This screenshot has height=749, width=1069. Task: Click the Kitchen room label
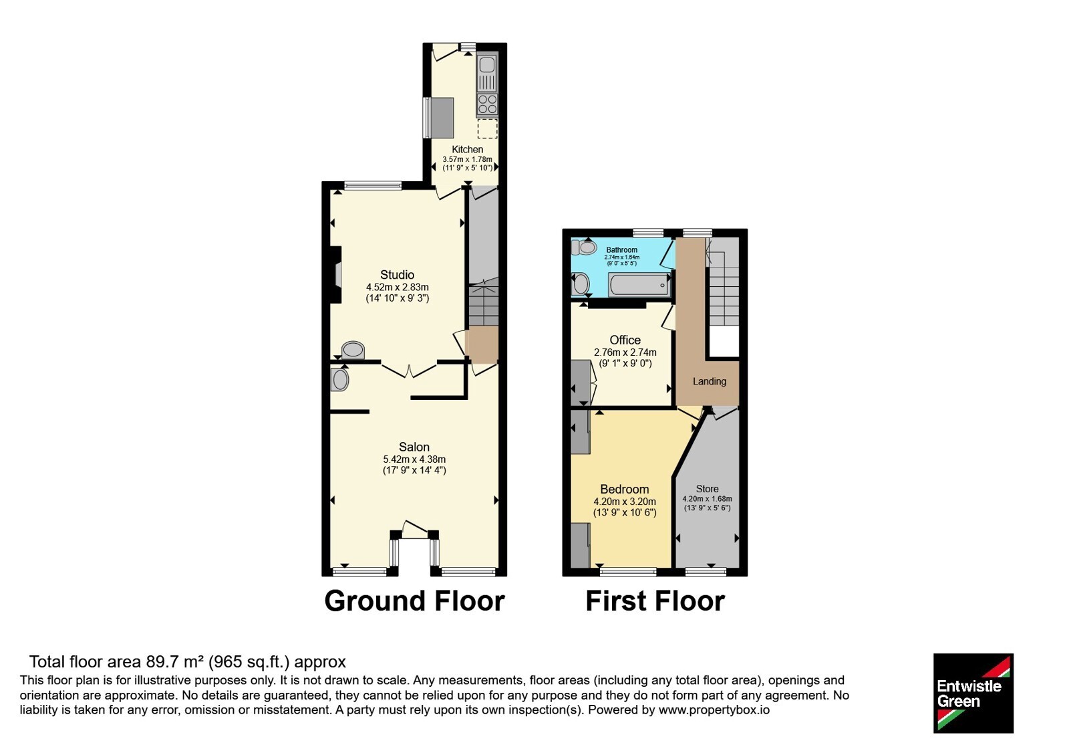tap(467, 150)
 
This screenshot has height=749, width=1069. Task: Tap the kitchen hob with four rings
tap(487, 104)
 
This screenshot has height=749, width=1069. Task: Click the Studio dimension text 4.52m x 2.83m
tap(397, 287)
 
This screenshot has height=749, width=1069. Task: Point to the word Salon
tap(414, 447)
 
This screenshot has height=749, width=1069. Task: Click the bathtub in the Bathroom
tap(639, 285)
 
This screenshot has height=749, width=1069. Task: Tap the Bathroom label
tap(621, 250)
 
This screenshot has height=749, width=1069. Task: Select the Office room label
tap(625, 340)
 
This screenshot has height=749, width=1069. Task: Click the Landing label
tap(709, 381)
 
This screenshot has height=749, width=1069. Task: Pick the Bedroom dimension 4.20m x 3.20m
tap(624, 502)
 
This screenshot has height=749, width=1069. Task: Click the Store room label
tap(707, 489)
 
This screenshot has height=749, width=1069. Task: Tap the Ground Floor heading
tap(414, 601)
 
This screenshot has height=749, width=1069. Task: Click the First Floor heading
tap(655, 601)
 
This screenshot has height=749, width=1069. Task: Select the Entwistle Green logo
tap(973, 693)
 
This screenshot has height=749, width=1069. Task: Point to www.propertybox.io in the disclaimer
tap(714, 710)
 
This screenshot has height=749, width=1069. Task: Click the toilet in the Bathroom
tap(585, 247)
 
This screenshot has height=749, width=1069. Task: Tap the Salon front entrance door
tap(414, 530)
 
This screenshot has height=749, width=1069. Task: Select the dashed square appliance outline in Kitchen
tap(487, 128)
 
